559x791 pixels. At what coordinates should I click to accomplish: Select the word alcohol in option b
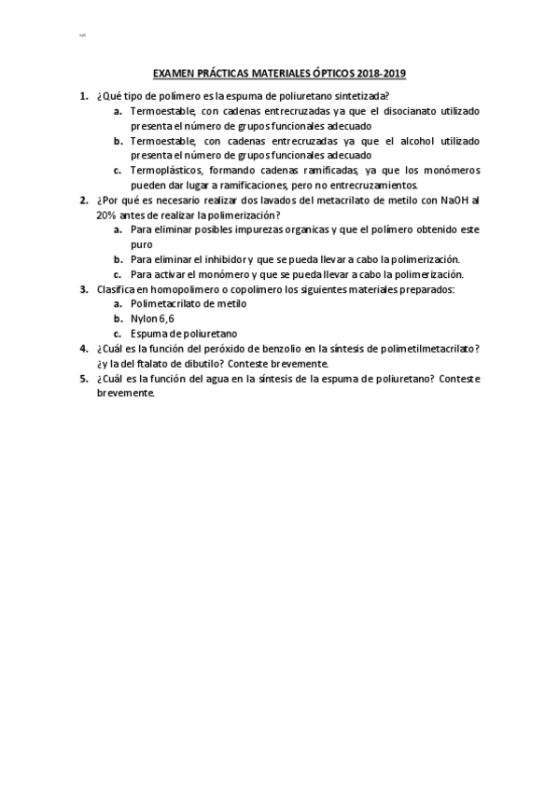403,141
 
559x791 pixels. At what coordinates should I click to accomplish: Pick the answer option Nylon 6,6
153,319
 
